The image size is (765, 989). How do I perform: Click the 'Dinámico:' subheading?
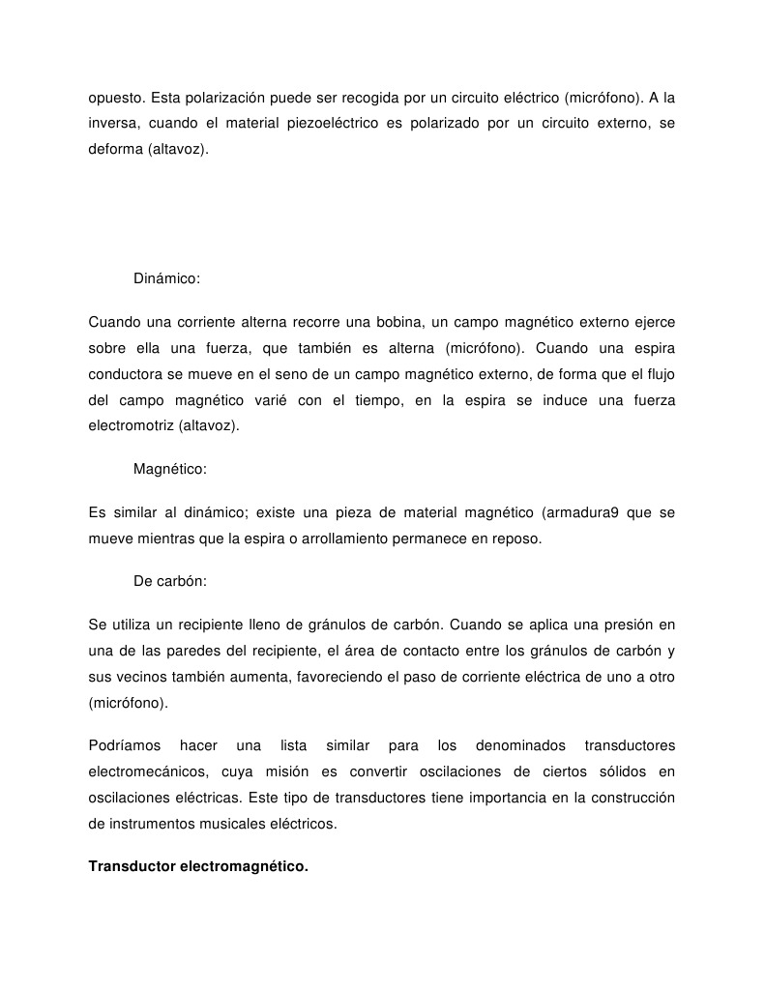[166, 278]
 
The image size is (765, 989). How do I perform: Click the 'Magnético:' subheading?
[170, 469]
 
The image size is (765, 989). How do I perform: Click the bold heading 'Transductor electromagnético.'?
[198, 866]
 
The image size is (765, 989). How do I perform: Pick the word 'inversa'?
[112, 124]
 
